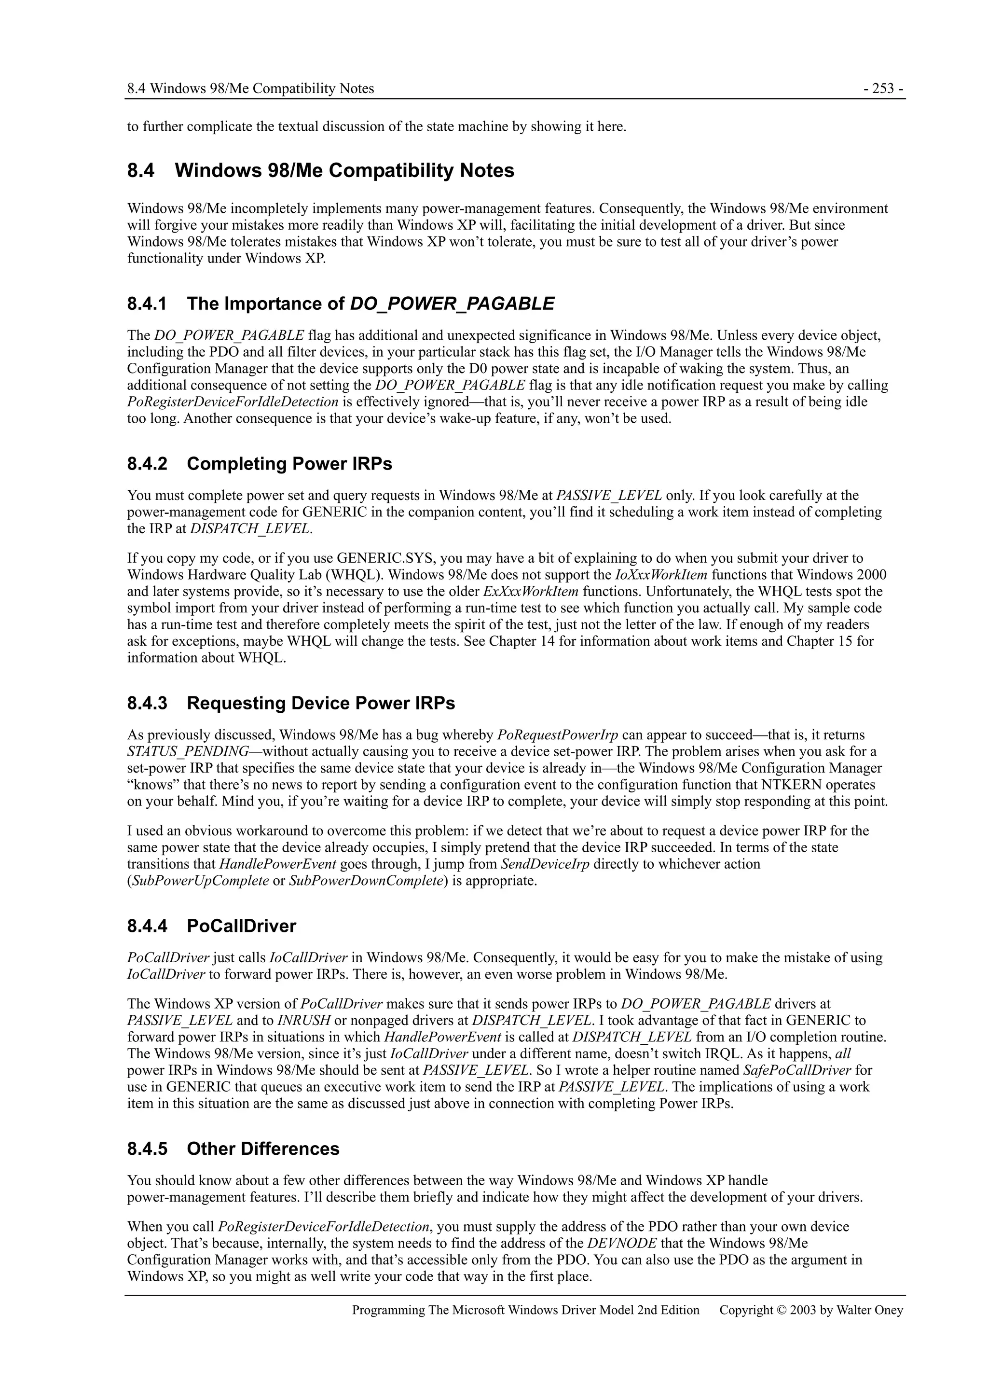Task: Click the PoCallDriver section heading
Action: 241,926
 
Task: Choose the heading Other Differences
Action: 263,1149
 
